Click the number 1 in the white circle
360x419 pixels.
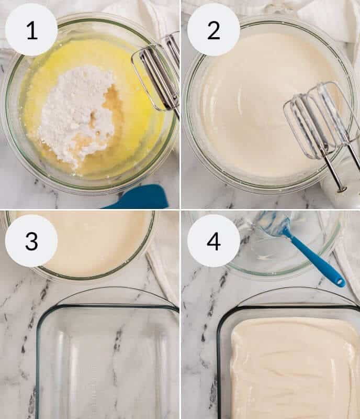(x=31, y=30)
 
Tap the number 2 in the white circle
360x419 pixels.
(x=213, y=30)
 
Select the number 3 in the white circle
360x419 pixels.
(x=31, y=241)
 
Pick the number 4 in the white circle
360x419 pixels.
(x=213, y=241)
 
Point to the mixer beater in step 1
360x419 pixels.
(x=157, y=73)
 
